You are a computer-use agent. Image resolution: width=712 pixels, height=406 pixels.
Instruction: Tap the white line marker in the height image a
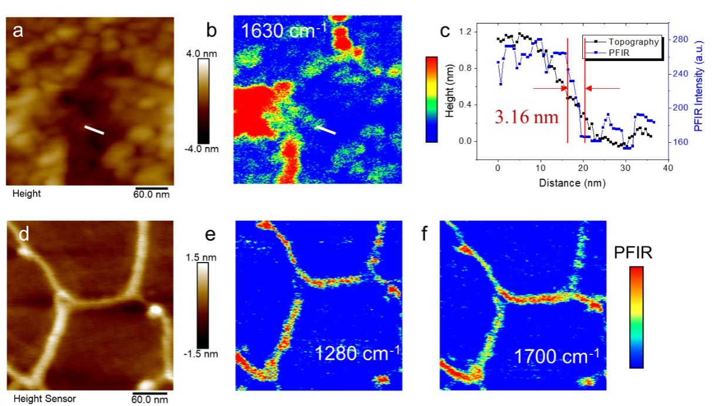(x=94, y=129)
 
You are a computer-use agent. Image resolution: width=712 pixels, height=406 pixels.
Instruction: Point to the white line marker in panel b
(x=325, y=129)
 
